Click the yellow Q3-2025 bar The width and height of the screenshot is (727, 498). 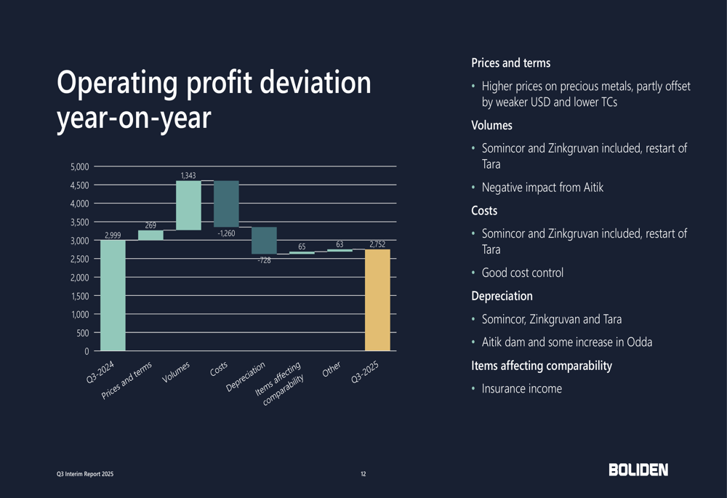377,300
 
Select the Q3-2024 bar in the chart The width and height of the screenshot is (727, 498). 113,296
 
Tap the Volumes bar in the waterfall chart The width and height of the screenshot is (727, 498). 188,206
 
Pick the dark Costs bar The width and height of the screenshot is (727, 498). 226,204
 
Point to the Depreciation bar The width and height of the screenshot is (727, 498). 264,240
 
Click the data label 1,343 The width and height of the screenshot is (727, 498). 188,175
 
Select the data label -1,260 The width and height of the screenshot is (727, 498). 226,233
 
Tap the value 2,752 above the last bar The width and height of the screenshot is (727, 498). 377,244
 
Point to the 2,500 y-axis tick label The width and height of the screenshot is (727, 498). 80,259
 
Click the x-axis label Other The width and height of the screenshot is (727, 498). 332,370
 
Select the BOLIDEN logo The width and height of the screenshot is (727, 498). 638,470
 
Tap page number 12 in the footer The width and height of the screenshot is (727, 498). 363,474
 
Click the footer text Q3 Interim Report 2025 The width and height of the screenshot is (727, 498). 86,474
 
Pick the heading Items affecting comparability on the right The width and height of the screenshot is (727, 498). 542,366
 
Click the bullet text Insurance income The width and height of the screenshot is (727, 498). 521,389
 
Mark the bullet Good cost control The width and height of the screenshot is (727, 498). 522,273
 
